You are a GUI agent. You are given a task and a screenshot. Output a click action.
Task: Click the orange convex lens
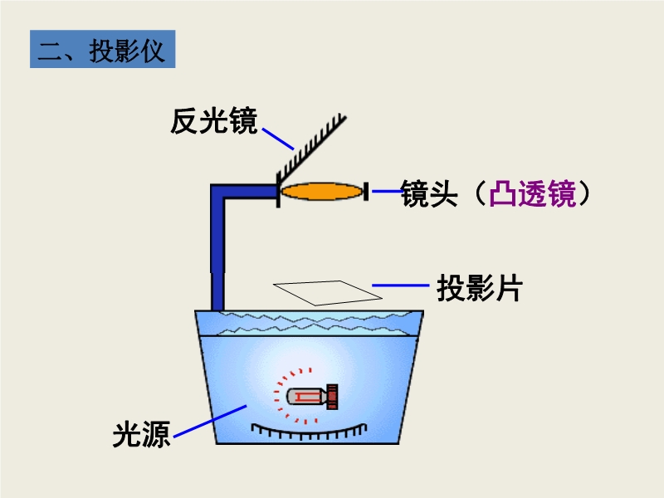click(x=321, y=192)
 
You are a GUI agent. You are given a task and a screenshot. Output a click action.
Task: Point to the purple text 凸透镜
click(x=532, y=194)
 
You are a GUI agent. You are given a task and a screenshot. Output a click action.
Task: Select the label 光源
click(x=141, y=434)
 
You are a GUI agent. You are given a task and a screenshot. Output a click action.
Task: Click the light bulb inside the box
click(x=306, y=397)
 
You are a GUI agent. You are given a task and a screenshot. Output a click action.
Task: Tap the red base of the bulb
click(x=333, y=397)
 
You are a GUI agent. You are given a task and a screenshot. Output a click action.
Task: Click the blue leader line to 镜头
click(x=386, y=192)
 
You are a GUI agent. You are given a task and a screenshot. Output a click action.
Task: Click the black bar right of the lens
click(x=366, y=192)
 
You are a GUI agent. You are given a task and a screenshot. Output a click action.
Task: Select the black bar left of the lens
click(x=277, y=192)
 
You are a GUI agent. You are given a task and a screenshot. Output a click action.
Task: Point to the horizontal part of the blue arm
click(x=245, y=192)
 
